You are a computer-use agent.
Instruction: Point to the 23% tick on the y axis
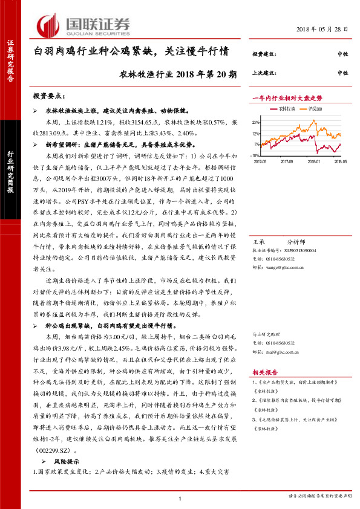[x=257, y=122]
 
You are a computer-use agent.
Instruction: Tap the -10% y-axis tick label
[x=256, y=155]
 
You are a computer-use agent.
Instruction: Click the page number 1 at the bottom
[x=180, y=498]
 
